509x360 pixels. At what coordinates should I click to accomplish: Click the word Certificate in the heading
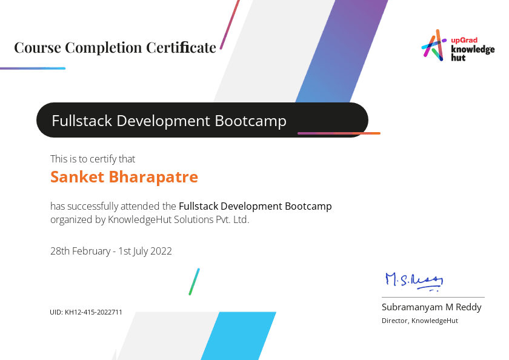[181, 47]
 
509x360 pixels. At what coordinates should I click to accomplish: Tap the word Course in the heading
[38, 48]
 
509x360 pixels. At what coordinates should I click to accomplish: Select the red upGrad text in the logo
[464, 40]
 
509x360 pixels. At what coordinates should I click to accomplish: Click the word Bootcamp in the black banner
[251, 121]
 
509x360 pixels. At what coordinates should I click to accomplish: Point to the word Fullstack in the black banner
[82, 121]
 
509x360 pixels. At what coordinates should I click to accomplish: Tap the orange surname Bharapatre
[153, 177]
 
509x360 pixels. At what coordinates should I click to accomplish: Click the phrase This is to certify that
[93, 159]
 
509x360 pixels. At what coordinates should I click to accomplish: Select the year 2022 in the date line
[161, 252]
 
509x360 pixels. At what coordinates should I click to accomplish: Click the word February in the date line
[91, 252]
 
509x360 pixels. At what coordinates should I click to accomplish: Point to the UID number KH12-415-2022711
[93, 312]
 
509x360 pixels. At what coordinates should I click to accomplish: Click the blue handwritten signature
[414, 281]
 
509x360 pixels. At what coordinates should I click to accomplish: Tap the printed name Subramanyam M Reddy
[431, 307]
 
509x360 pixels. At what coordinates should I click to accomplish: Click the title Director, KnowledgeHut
[420, 321]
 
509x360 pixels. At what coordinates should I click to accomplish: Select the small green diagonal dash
[195, 282]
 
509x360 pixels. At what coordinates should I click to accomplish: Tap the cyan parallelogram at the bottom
[239, 336]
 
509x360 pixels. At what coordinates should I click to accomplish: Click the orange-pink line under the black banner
[339, 133]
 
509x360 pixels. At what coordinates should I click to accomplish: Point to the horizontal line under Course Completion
[33, 68]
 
